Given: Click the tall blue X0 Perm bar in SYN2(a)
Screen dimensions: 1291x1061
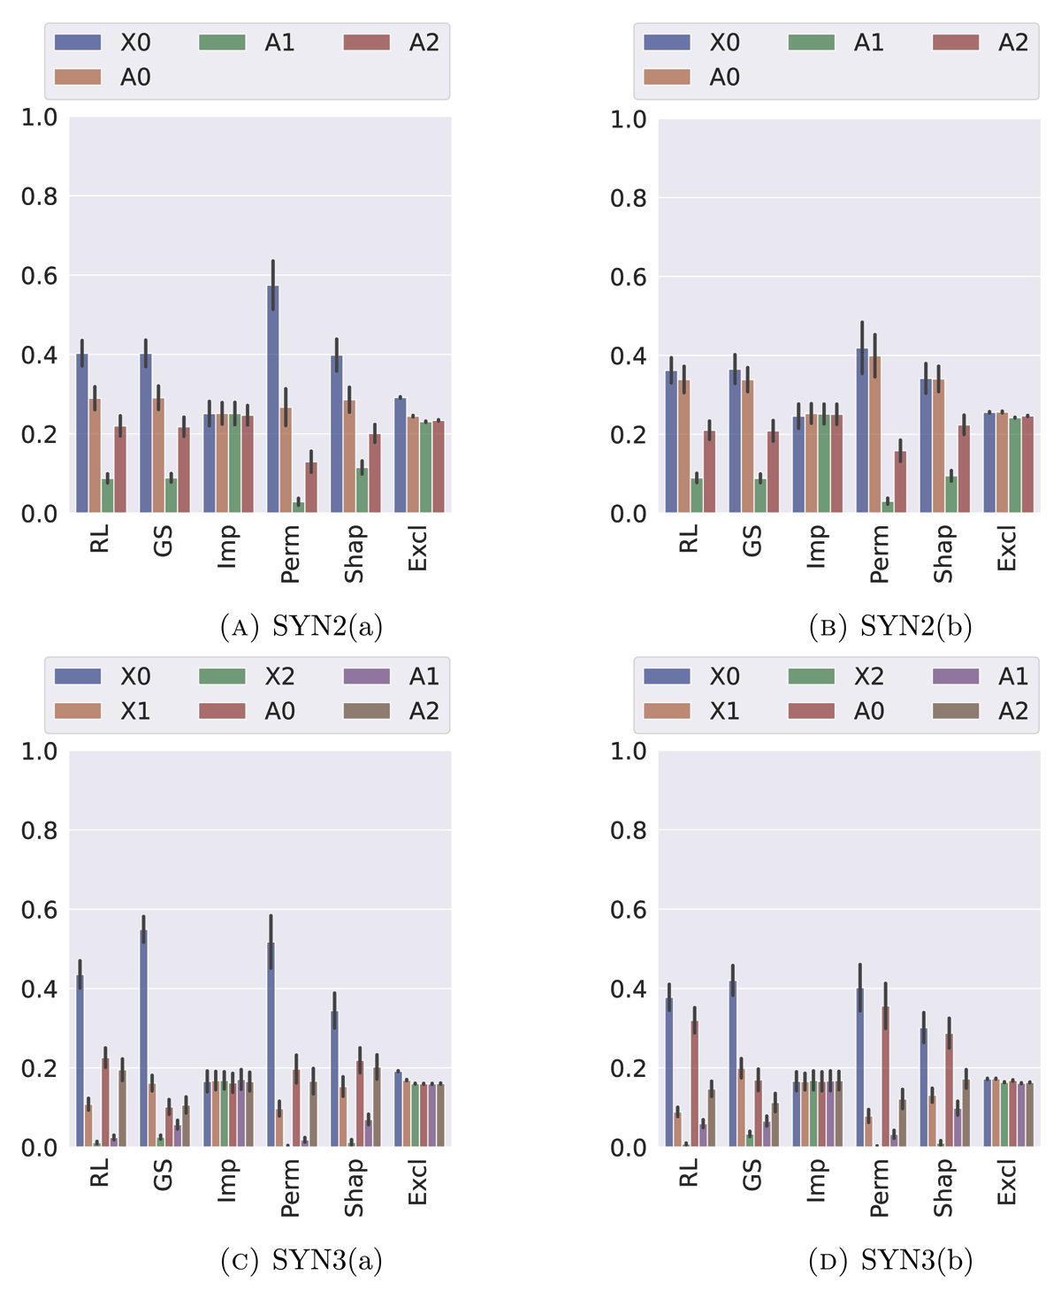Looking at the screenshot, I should pos(273,398).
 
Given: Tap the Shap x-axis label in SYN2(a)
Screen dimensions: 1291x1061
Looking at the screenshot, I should pos(354,554).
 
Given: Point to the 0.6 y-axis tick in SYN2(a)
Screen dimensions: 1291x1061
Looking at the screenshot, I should pos(39,276).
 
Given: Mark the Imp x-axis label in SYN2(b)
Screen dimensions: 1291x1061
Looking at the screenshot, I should pos(816,546).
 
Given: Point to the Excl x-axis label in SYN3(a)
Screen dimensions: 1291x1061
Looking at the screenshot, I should pos(417,1183).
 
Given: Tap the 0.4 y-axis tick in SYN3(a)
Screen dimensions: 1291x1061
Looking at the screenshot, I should pos(39,989).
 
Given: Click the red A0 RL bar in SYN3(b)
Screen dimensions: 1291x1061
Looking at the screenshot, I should pos(695,1083).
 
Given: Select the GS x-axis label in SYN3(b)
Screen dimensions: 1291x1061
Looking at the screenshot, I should pos(752,1176).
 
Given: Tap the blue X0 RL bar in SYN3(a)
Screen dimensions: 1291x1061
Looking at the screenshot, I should pos(80,1061).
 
